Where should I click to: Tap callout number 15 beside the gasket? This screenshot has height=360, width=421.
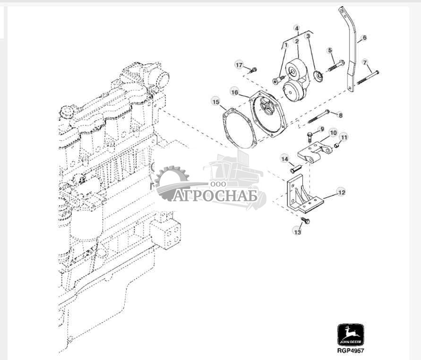[215, 102]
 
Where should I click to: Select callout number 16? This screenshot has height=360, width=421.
[234, 90]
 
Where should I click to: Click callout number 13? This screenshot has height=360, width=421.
[297, 232]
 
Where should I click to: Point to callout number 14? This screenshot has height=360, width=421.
[284, 159]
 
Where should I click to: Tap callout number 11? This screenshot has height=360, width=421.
[344, 138]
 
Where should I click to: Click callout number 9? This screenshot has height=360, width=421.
[322, 129]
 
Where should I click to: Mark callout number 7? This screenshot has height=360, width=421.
[364, 62]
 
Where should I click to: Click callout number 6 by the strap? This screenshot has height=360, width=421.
[364, 37]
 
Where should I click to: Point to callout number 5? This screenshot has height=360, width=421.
[330, 50]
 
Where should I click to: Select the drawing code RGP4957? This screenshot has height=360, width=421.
[351, 351]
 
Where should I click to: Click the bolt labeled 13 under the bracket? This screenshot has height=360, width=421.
[305, 220]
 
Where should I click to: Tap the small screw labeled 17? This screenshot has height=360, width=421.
[253, 70]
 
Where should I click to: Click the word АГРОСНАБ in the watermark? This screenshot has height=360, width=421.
[215, 195]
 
